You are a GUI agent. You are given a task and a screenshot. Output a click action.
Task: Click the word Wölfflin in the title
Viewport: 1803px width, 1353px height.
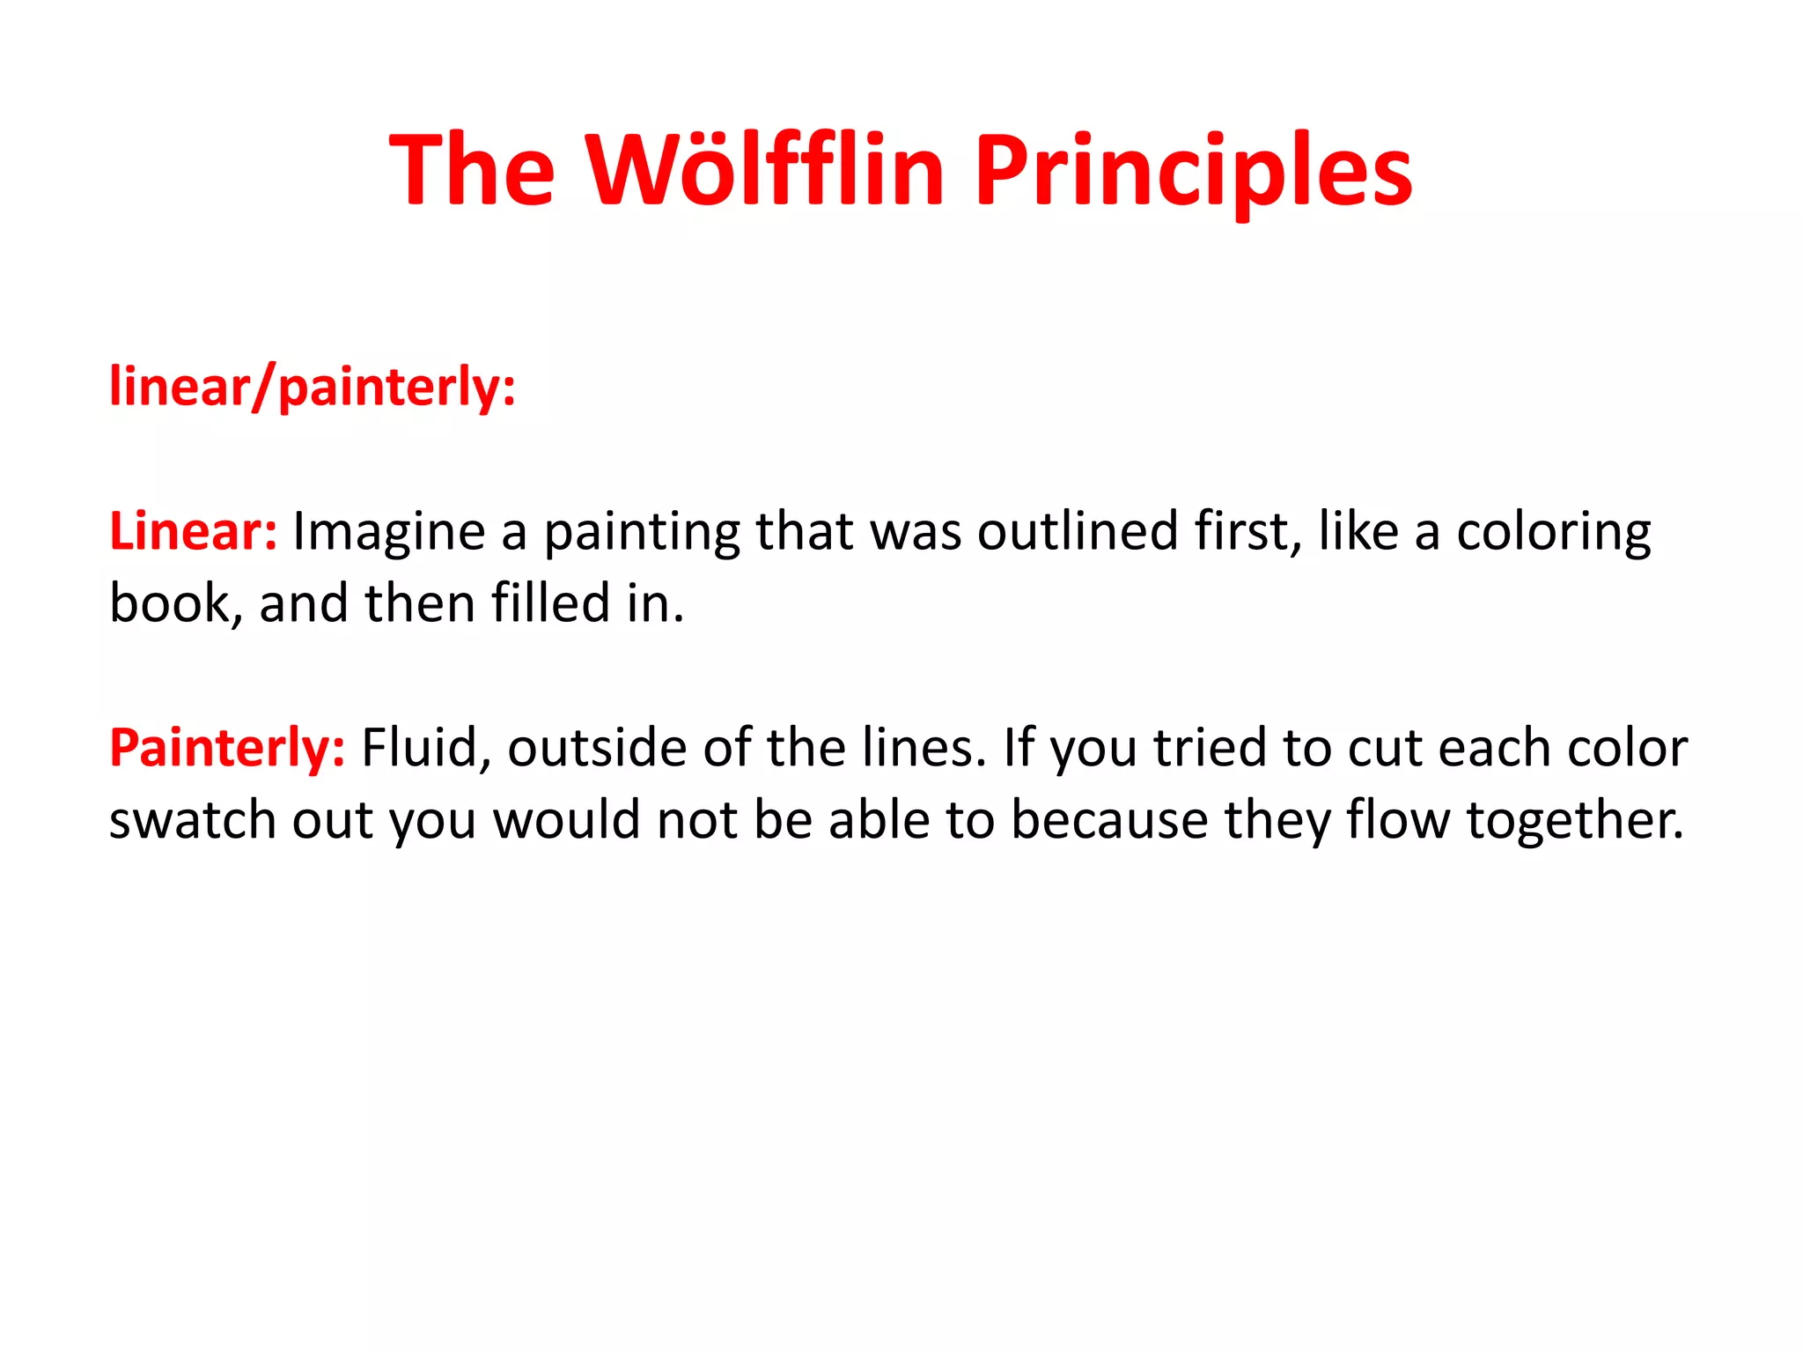click(765, 169)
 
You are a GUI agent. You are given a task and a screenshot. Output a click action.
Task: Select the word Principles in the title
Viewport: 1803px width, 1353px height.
click(1193, 169)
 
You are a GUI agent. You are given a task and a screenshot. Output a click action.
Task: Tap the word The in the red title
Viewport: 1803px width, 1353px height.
click(472, 169)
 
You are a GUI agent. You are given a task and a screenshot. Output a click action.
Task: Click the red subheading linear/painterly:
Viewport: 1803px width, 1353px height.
click(312, 387)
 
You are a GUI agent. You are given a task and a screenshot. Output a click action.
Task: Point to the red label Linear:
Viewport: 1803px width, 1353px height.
click(193, 531)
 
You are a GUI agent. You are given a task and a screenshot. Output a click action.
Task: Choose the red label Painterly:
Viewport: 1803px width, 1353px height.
click(226, 748)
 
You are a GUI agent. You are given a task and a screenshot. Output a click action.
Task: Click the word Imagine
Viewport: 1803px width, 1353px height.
click(388, 533)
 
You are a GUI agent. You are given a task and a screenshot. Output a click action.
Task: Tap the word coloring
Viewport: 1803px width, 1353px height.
click(1554, 533)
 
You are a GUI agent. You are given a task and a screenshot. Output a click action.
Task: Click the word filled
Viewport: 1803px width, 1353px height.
click(550, 603)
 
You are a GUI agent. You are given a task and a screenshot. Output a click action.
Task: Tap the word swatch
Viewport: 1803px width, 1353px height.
click(193, 820)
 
